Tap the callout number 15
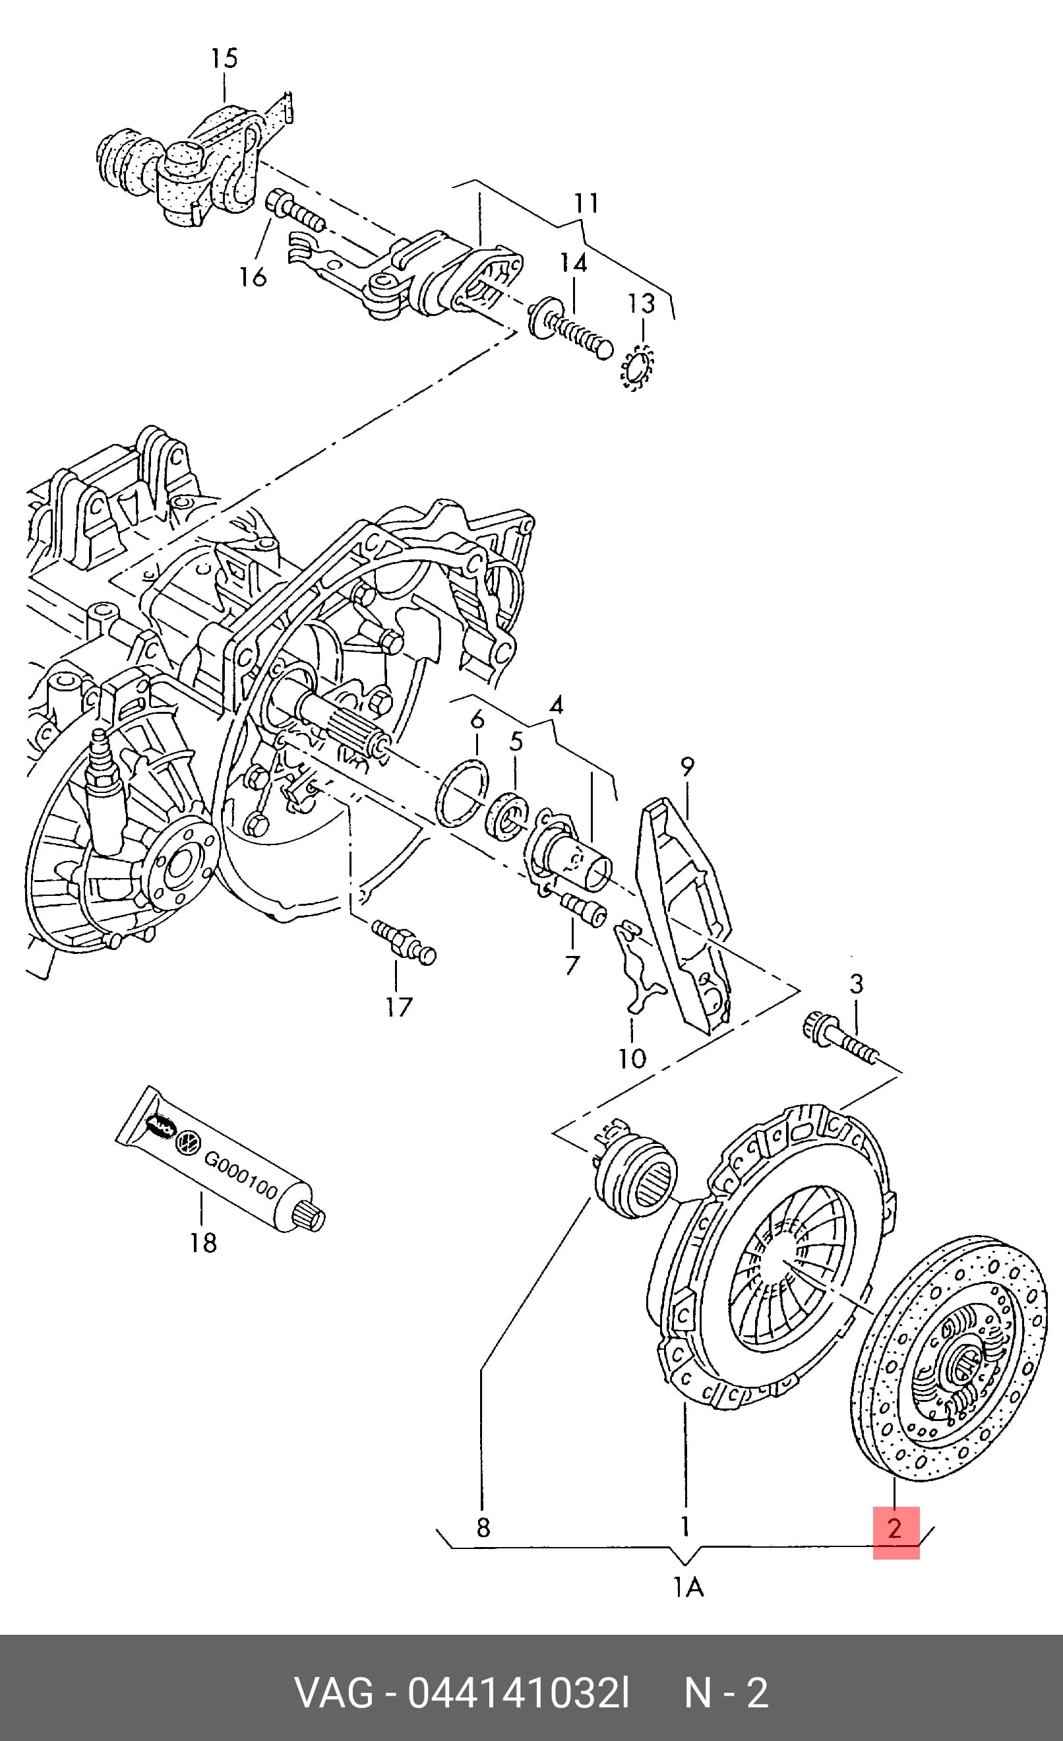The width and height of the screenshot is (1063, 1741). coord(225,58)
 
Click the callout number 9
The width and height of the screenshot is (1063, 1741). coord(687,767)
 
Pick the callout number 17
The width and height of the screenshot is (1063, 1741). coord(399,1007)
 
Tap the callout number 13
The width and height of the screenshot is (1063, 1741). coord(642,304)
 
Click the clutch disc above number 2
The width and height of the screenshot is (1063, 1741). coord(948,1359)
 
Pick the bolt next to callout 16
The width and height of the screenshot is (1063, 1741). coord(295,210)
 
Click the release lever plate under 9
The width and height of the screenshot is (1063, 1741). coord(684,916)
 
